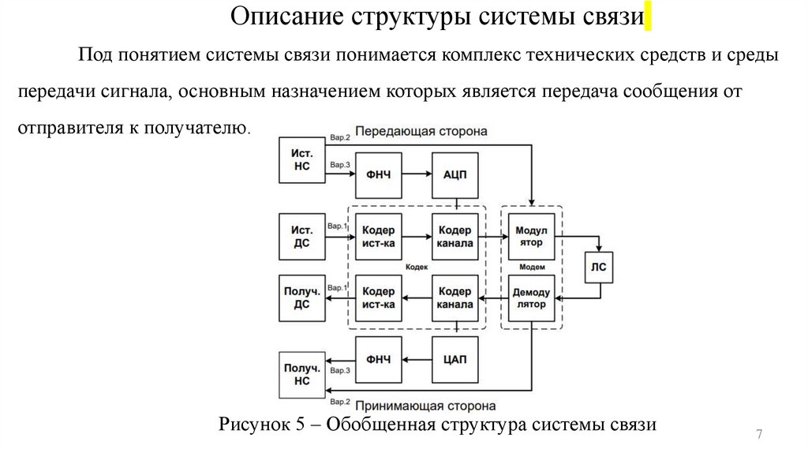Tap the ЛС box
tap(599, 266)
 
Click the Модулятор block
tap(533, 236)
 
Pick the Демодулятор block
tap(533, 298)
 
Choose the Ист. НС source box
tap(301, 160)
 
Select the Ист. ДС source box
tap(301, 236)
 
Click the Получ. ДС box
tap(301, 298)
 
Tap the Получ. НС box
tap(301, 374)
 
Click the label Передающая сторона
tap(421, 130)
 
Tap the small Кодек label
tap(416, 268)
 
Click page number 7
tap(759, 435)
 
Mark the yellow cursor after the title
tap(648, 17)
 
